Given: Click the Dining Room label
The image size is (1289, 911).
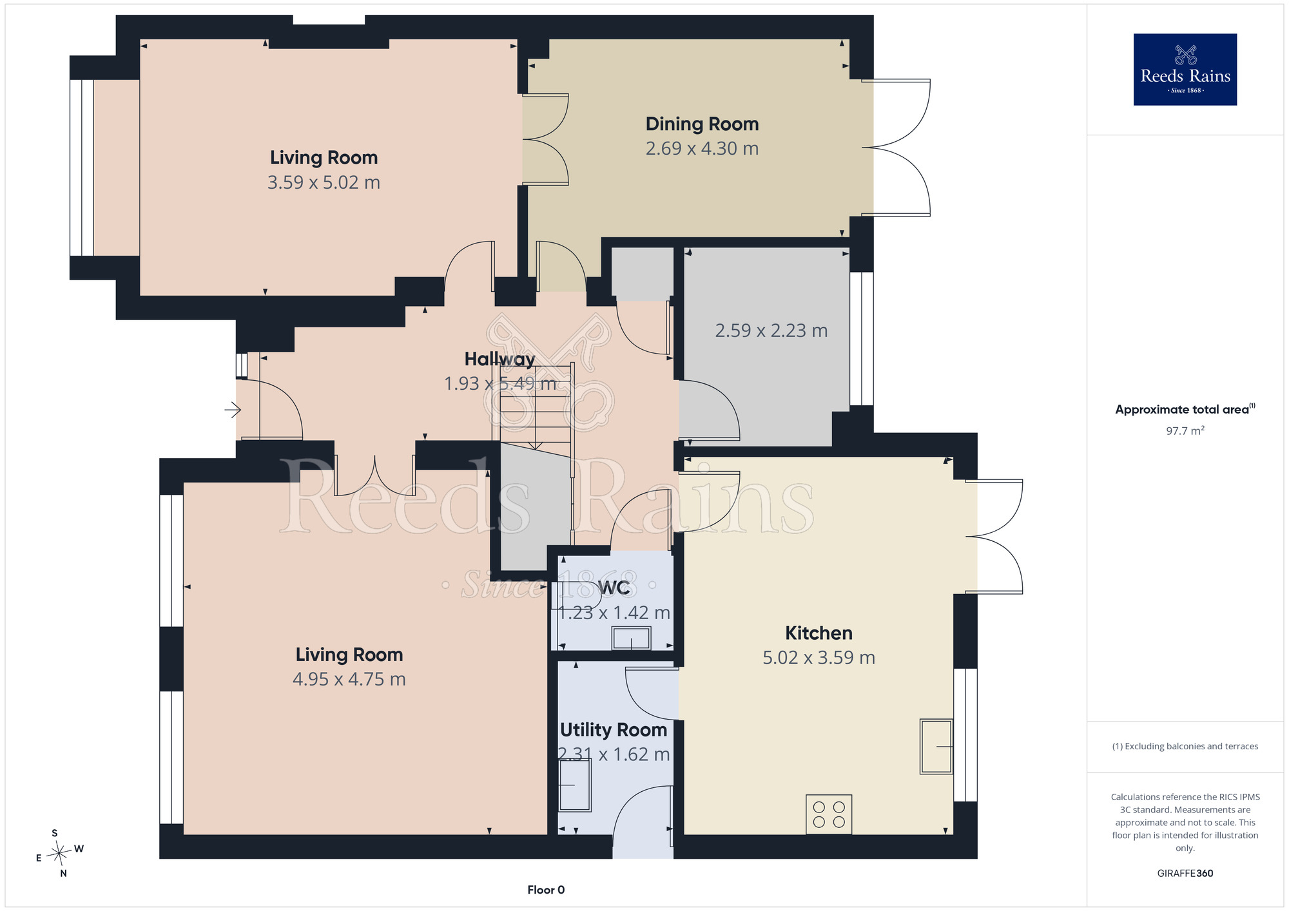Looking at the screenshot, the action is point(702,124).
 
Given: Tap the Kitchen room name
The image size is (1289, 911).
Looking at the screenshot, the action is point(819,633).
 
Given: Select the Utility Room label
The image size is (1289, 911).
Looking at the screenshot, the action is point(614,729).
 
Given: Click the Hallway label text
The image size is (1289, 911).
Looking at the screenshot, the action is point(499,359).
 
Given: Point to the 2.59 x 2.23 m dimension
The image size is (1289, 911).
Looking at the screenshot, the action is point(771,331).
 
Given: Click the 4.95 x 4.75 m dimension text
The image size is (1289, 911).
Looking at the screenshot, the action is point(349,679).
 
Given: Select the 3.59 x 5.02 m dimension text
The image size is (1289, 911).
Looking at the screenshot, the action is point(324,182).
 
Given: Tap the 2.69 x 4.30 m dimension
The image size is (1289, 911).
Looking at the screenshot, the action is point(702,148).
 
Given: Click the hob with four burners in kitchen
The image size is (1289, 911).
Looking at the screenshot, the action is point(829,814).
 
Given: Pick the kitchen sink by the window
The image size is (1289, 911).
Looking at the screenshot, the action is point(936,746).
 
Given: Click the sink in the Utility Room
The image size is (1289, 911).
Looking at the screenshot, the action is point(575,785).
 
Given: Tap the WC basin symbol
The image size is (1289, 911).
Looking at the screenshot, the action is point(632,638).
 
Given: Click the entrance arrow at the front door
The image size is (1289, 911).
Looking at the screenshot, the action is point(233,409).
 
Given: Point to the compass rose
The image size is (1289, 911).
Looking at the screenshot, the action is point(59,853).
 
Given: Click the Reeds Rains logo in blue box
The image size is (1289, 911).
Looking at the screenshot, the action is point(1185,70).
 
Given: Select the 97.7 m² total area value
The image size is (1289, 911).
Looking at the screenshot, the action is point(1185,430).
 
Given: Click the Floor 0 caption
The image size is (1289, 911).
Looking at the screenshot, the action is point(546,890).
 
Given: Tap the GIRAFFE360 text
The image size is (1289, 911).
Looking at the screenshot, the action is point(1185,873).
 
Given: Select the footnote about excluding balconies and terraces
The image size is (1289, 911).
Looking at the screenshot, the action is point(1185,746).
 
